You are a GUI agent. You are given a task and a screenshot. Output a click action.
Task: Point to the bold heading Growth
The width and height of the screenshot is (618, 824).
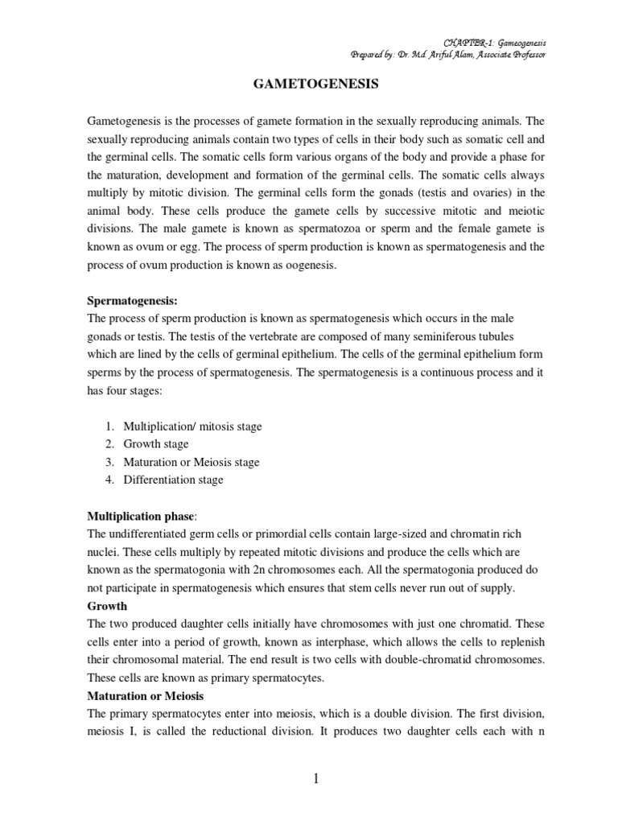[106, 606]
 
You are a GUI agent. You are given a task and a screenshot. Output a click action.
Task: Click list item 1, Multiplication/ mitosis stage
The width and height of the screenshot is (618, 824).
[192, 426]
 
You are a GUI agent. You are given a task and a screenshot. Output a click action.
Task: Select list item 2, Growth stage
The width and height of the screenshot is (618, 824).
[156, 444]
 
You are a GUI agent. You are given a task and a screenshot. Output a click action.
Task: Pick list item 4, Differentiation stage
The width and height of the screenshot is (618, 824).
[173, 480]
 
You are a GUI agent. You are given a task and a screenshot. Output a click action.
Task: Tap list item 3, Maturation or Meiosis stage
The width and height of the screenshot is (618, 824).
[192, 462]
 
